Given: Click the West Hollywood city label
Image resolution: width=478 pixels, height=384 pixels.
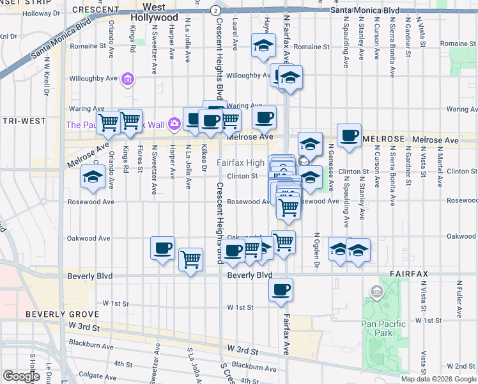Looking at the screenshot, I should click(x=156, y=12).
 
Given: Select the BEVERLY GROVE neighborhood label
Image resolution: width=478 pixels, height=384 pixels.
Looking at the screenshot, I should click(x=62, y=314).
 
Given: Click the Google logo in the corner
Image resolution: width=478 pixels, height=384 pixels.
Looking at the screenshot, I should click(x=21, y=376).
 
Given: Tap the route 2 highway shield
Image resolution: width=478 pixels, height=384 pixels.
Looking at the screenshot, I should click(x=216, y=11).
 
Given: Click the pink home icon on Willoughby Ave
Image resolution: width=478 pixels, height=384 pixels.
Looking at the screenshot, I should click(x=128, y=79).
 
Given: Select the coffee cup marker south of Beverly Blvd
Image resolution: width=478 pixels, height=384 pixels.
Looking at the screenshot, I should click(x=281, y=290).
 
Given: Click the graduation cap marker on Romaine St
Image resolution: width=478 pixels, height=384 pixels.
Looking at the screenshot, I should click(x=263, y=46).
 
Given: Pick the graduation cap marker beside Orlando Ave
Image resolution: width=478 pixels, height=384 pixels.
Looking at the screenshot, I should click(x=93, y=177).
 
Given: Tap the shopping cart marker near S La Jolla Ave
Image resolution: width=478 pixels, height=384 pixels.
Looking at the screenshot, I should click(x=190, y=260).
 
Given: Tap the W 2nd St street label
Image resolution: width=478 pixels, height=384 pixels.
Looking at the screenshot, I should click(x=462, y=365).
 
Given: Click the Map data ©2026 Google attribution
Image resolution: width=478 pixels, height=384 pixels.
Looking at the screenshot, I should click(x=438, y=379).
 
